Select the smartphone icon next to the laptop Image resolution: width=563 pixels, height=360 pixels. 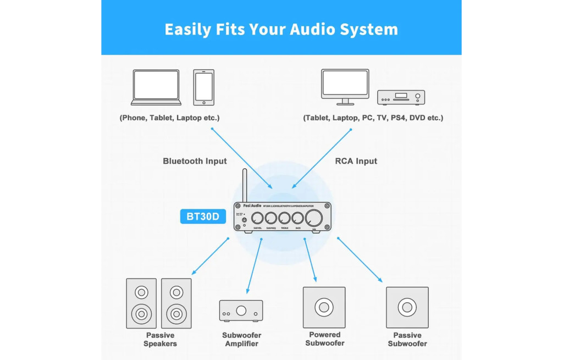(x=203, y=87)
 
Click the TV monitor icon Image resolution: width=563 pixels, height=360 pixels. (x=345, y=86)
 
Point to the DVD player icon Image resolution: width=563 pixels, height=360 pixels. (x=401, y=98)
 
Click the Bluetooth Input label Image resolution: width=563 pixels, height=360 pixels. (x=195, y=161)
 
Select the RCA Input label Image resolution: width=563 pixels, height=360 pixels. (x=356, y=161)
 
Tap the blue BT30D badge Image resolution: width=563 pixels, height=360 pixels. (x=202, y=217)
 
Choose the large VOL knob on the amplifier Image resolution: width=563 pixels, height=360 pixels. (x=314, y=217)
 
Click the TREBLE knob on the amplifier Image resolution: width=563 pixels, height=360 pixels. (x=284, y=217)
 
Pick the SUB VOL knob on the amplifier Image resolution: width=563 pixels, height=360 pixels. (x=257, y=217)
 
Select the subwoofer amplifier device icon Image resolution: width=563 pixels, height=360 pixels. (x=241, y=311)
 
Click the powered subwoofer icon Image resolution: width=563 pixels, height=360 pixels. (x=324, y=307)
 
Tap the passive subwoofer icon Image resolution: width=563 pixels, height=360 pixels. (x=407, y=307)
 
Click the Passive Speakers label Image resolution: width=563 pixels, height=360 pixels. (x=160, y=339)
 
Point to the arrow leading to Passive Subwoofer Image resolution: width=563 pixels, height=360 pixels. (x=360, y=261)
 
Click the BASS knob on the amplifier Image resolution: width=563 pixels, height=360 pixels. (x=298, y=217)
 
